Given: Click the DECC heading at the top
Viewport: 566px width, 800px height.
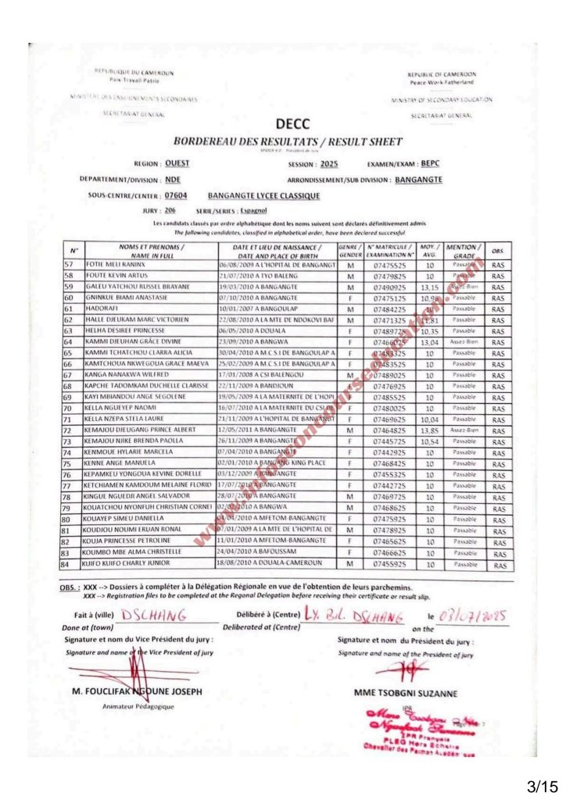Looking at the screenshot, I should click(292, 123).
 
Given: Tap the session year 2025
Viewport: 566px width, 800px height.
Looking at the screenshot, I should click(329, 165).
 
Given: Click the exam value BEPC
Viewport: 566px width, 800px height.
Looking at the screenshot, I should click(431, 164).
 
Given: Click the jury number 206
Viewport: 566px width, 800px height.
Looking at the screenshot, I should click(170, 211).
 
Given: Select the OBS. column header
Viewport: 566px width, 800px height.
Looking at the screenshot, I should click(498, 251).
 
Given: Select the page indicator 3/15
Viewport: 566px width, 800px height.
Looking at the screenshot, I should click(534, 781).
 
